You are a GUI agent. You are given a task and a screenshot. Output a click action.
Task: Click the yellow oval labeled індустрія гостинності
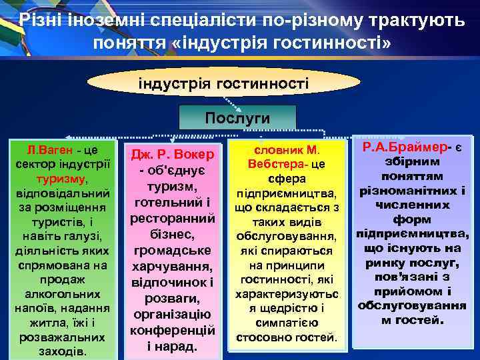[x=223, y=84]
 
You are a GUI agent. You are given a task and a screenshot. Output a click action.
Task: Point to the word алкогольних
[x=58, y=293]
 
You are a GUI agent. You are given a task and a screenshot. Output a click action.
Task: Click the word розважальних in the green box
[x=57, y=337]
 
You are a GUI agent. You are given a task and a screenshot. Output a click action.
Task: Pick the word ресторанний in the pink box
[x=172, y=218]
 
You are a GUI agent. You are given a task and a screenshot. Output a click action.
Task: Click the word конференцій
[x=172, y=330]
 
